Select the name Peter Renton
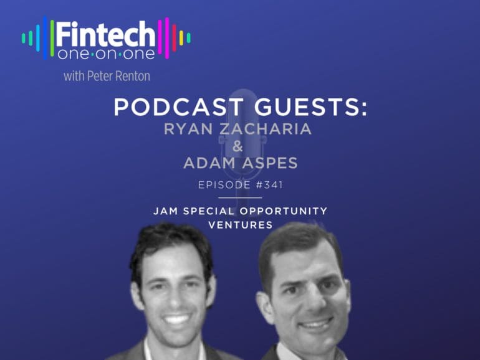click(x=118, y=76)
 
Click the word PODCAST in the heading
click(x=179, y=107)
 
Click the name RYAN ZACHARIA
click(x=238, y=129)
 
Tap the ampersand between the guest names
click(x=238, y=146)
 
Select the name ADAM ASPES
click(x=240, y=163)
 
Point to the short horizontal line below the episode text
click(x=240, y=197)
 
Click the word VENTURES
click(x=240, y=225)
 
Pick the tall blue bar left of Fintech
click(x=46, y=37)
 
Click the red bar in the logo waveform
click(x=174, y=38)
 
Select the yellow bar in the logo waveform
click(x=181, y=38)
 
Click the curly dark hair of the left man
click(x=171, y=242)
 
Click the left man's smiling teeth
click(x=176, y=320)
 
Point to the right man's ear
click(x=262, y=306)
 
